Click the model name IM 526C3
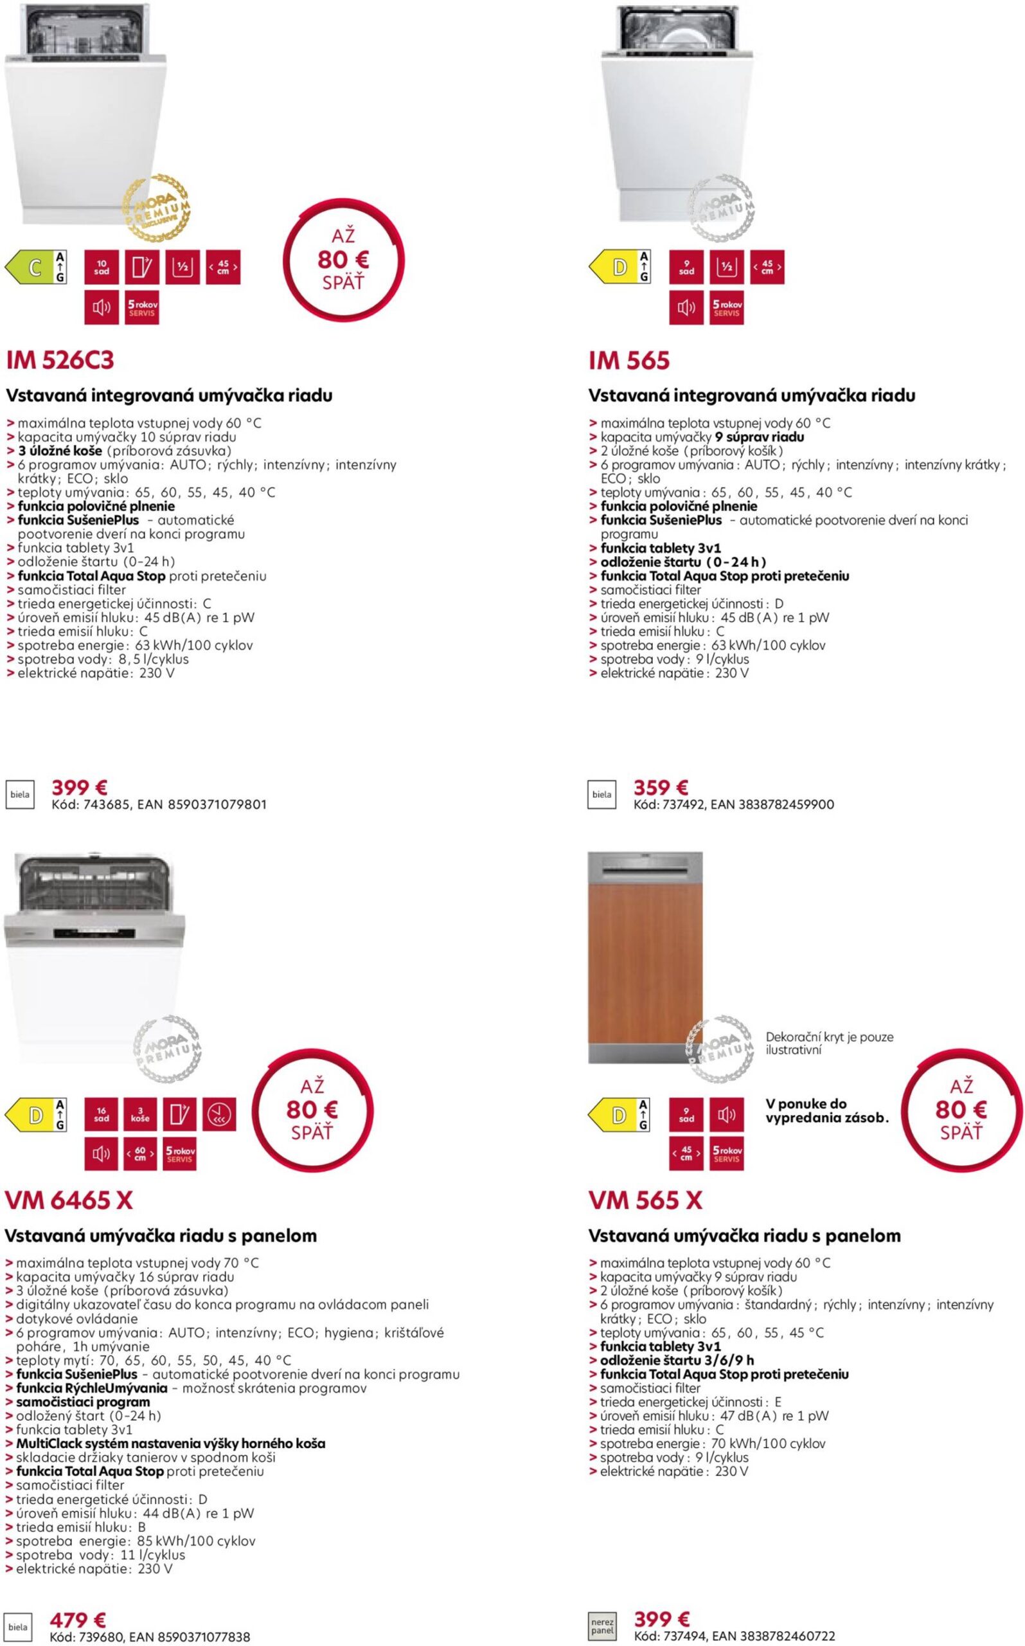coord(60,361)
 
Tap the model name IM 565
coord(628,361)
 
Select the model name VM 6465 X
coord(69,1200)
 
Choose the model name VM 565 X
coord(645,1200)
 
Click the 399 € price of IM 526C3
coord(79,788)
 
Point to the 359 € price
coord(660,788)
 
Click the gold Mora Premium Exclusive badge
coord(156,208)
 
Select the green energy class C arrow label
coord(35,267)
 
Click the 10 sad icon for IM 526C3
coord(102,267)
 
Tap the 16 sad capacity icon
coord(102,1114)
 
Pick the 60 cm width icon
coord(140,1153)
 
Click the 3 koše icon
coord(140,1114)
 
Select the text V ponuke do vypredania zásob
coord(826,1110)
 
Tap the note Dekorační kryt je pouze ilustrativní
coord(829,1043)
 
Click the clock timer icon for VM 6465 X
coord(219,1114)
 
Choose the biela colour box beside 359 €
coord(602,795)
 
